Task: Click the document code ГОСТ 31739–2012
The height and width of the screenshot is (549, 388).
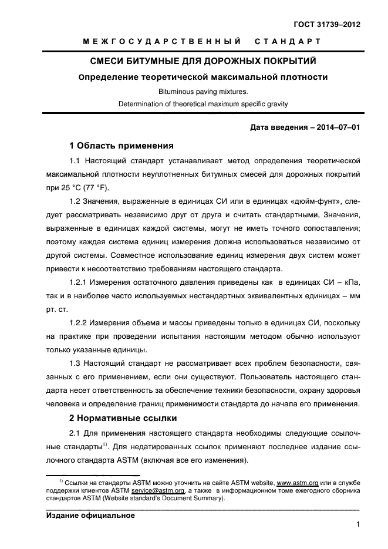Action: [x=327, y=25]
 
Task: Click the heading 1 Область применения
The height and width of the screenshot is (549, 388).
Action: [x=122, y=146]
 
